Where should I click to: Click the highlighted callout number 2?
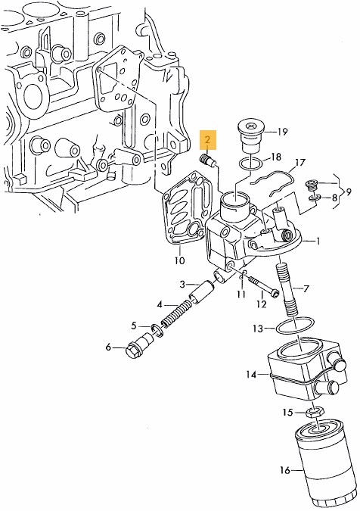click(x=208, y=140)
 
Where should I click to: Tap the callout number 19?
click(x=282, y=132)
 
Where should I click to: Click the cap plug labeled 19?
click(x=251, y=137)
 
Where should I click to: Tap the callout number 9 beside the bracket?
click(x=349, y=192)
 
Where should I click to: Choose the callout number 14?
click(x=251, y=375)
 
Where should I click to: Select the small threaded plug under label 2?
click(x=206, y=160)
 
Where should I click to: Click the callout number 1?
click(x=318, y=241)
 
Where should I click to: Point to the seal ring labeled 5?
click(x=157, y=329)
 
